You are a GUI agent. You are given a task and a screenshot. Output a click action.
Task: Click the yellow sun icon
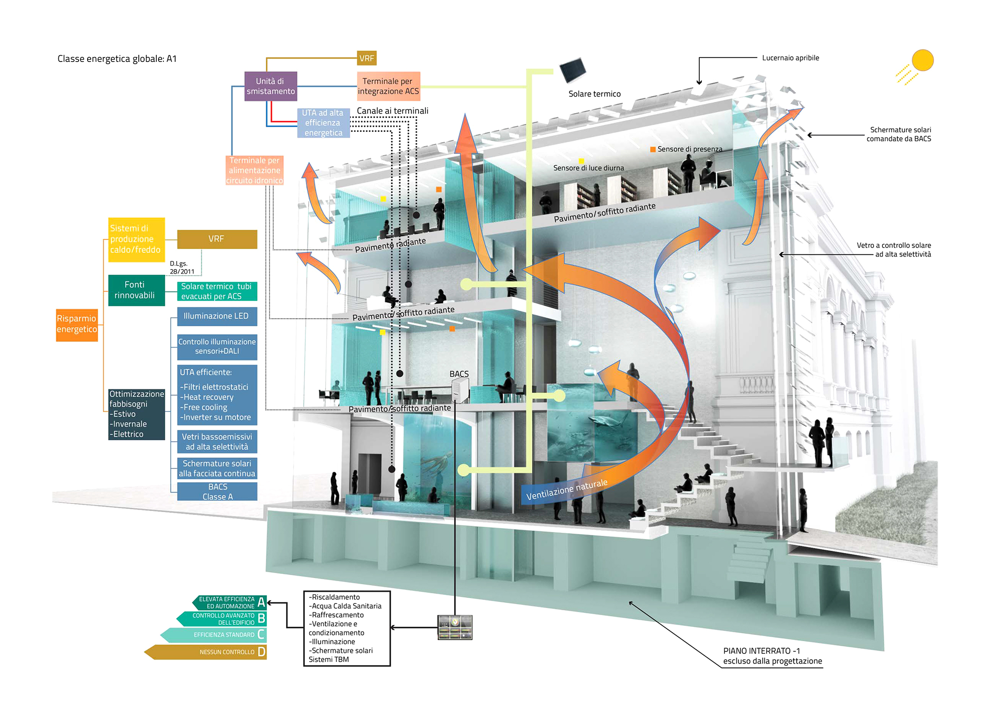[922, 60]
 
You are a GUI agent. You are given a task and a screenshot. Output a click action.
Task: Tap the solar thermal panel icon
[573, 70]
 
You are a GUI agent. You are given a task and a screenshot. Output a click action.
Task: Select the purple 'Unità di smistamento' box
[270, 86]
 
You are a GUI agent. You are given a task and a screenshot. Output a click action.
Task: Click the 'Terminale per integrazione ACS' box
[388, 86]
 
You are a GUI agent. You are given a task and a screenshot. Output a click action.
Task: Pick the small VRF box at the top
[366, 58]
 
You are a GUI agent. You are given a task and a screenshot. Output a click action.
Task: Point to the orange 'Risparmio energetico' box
[77, 324]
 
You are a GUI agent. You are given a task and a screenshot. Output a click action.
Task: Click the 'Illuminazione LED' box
[216, 316]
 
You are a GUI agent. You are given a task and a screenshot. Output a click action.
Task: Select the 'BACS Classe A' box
[217, 492]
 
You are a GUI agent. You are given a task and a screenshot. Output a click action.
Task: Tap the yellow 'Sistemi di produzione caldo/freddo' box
[136, 239]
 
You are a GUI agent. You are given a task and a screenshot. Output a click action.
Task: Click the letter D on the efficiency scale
[261, 652]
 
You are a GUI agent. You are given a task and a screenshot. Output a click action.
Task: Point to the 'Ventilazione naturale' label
[567, 490]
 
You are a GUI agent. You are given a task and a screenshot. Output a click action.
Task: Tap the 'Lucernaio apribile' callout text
[790, 58]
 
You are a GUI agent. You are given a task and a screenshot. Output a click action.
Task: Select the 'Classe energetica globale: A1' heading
[117, 59]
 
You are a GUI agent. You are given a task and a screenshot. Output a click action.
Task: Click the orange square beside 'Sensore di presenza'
[653, 149]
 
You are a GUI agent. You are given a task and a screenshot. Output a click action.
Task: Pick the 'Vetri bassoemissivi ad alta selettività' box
[217, 442]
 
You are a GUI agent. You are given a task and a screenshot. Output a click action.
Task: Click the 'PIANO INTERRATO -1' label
[761, 651]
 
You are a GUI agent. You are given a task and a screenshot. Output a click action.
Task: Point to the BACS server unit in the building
[459, 389]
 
